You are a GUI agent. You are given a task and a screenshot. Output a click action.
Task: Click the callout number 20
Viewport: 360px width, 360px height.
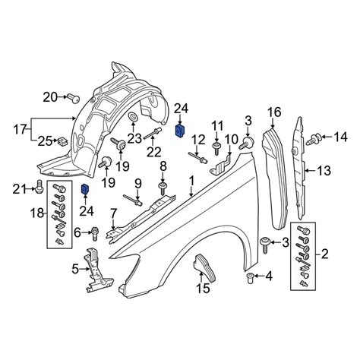point(50,97)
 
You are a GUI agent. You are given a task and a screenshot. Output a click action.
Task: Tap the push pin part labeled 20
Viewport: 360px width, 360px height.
point(74,98)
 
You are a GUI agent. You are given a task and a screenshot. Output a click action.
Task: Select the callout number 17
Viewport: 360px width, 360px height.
point(21,130)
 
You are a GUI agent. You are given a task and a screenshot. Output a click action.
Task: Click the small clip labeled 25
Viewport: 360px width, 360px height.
point(62,141)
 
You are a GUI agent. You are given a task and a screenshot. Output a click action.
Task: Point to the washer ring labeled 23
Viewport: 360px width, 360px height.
point(133,117)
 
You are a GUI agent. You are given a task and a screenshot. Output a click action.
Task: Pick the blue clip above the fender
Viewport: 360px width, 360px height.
point(180,131)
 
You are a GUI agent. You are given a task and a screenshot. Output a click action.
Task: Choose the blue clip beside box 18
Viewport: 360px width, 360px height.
point(85,189)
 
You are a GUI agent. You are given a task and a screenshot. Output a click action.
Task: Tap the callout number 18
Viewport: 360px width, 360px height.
point(38,213)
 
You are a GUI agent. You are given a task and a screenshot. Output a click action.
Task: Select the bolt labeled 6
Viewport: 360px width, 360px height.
point(95,233)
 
